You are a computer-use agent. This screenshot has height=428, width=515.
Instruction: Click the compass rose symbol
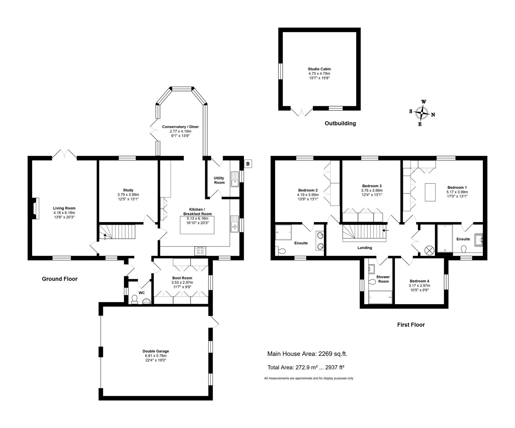[x=422, y=113]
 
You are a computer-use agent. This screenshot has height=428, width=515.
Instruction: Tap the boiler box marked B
[x=248, y=164]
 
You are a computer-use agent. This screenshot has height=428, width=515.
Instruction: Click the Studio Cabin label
[x=319, y=69]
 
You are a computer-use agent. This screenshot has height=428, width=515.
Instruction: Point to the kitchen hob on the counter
[x=200, y=250]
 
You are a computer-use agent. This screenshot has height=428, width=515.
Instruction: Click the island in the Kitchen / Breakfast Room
[x=197, y=225]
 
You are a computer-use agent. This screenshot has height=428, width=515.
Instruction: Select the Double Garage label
[x=156, y=351]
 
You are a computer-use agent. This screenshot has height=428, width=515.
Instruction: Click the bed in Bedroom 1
[x=430, y=192]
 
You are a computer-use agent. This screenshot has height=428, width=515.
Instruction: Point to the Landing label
[x=365, y=248]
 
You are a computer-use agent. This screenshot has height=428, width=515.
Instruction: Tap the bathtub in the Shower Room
[x=380, y=297]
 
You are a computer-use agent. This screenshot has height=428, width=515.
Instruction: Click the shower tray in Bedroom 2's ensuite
[x=284, y=232]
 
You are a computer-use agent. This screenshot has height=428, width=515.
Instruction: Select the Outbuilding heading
[x=340, y=123]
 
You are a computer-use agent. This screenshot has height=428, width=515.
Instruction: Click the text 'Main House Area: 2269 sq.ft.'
[x=307, y=354]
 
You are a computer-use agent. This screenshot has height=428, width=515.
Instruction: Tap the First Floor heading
[x=411, y=325]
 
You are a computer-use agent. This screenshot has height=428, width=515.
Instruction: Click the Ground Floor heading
[x=60, y=279]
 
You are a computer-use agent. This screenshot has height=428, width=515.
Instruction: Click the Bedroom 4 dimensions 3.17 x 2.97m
[x=419, y=285]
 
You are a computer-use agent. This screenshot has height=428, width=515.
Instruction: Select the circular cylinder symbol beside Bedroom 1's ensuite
[x=429, y=250]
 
